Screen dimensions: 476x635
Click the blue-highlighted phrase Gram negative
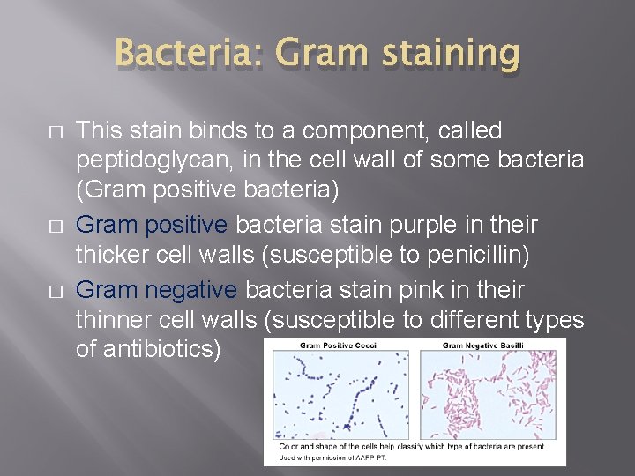[x=156, y=289]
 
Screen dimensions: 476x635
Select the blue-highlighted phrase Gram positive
[x=151, y=226]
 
